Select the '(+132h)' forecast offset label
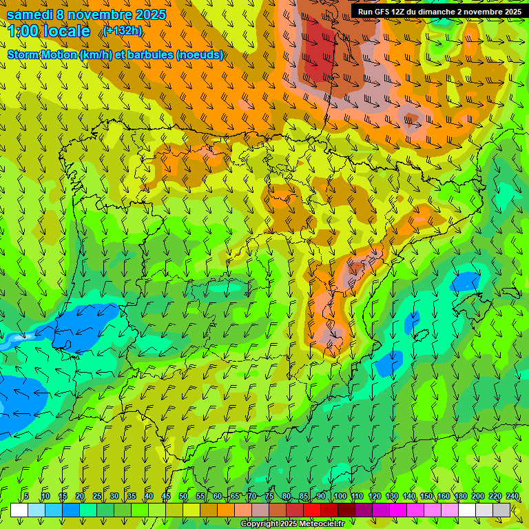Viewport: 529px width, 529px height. [x=123, y=31]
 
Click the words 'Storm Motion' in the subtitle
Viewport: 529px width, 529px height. [x=41, y=55]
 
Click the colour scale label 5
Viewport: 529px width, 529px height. [x=26, y=496]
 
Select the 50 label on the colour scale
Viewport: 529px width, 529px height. [x=183, y=496]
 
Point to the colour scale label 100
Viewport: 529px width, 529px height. [x=340, y=496]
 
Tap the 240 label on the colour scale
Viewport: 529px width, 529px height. [x=512, y=496]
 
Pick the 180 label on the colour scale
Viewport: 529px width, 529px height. [x=460, y=496]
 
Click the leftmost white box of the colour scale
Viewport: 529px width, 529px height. [x=19, y=510]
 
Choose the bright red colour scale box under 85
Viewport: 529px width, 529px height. [x=312, y=510]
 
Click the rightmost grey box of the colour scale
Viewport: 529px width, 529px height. [x=501, y=510]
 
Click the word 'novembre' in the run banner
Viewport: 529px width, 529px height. [x=482, y=12]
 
